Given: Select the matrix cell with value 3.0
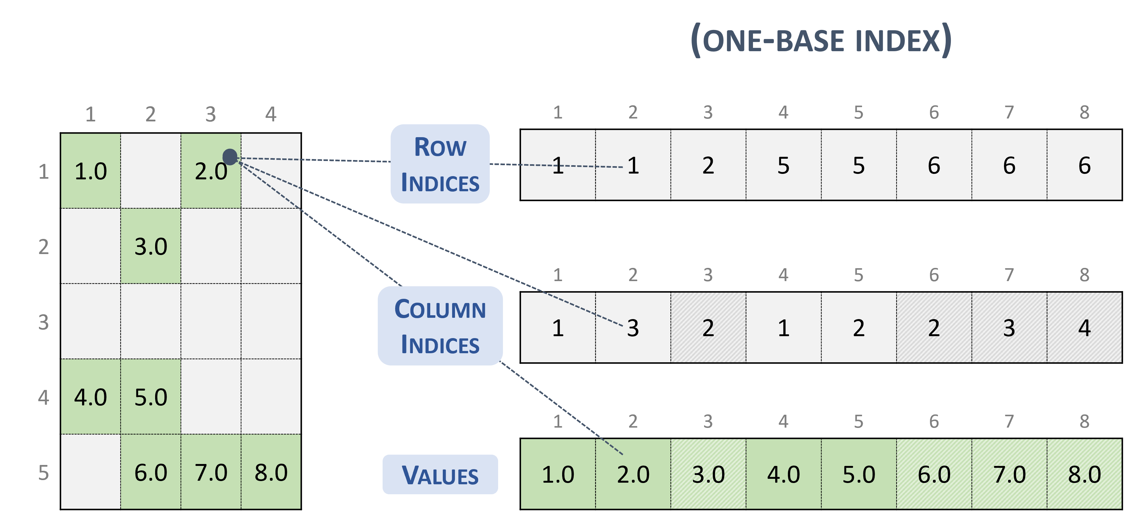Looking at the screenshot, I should pyautogui.click(x=151, y=246).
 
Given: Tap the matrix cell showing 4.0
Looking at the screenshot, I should pyautogui.click(x=91, y=397).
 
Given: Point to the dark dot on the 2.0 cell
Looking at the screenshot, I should pyautogui.click(x=230, y=156).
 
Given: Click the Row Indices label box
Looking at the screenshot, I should pyautogui.click(x=440, y=164).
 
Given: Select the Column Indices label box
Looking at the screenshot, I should pyautogui.click(x=440, y=326).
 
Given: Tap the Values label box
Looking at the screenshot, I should pyautogui.click(x=440, y=475).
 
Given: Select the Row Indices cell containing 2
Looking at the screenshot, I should pyautogui.click(x=708, y=165).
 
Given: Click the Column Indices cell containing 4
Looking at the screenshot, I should pyautogui.click(x=1084, y=327).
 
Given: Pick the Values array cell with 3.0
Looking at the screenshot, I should pyautogui.click(x=708, y=474).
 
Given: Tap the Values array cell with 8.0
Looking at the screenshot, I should pyautogui.click(x=1084, y=474).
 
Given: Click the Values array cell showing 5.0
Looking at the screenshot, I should pyautogui.click(x=859, y=474).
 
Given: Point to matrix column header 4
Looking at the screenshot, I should pyautogui.click(x=271, y=114).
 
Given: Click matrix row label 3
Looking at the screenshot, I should pyautogui.click(x=44, y=322).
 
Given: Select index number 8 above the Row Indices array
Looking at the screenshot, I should pyautogui.click(x=1084, y=113).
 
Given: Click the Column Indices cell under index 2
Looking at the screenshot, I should pyautogui.click(x=633, y=327).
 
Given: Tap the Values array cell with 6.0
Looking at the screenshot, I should pyautogui.click(x=934, y=474).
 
